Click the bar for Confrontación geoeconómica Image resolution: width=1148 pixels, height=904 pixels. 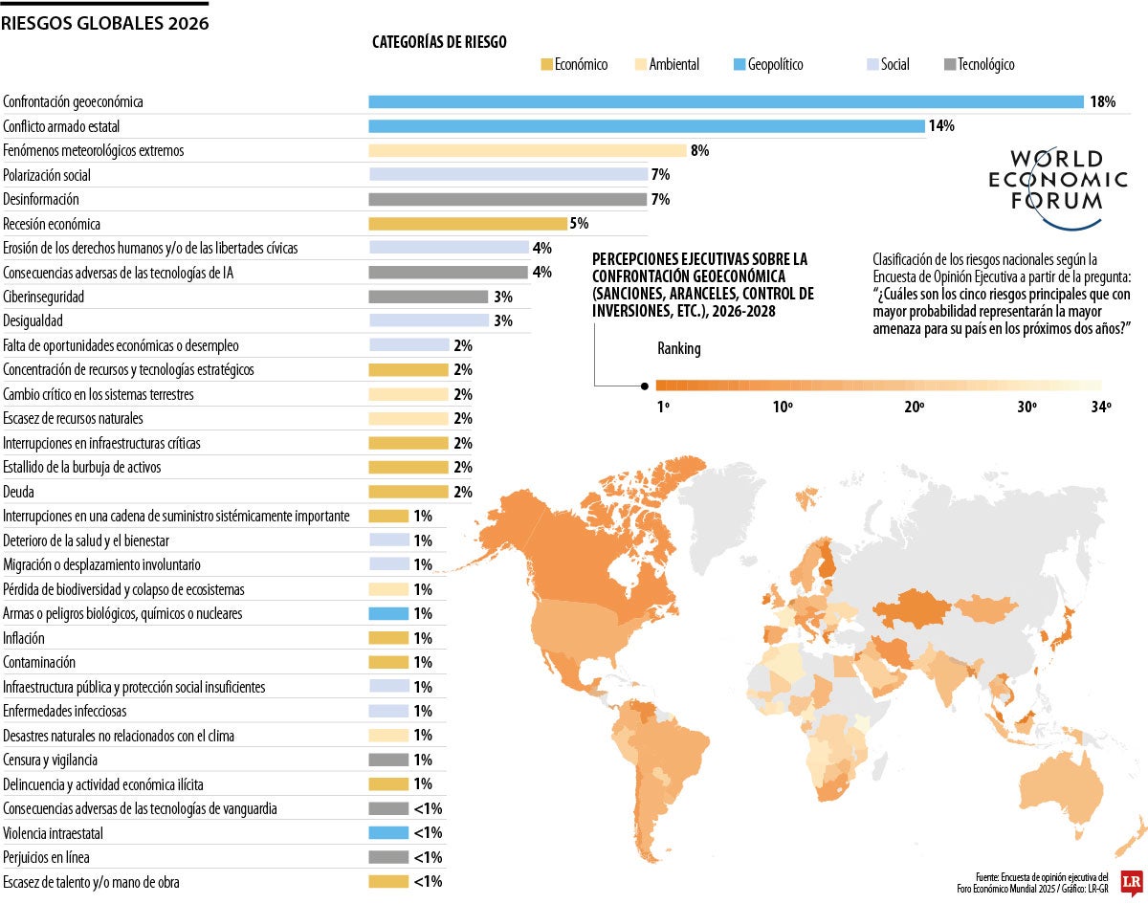point(725,101)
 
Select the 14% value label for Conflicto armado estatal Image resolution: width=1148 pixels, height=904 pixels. point(941,126)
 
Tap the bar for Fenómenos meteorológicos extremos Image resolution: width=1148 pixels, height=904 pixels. point(527,150)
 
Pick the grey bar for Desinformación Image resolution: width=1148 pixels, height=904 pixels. point(507,199)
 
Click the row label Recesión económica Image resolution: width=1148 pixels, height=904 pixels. point(52,224)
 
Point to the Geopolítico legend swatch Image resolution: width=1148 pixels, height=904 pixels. point(739,65)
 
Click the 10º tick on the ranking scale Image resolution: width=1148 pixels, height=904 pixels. point(783,407)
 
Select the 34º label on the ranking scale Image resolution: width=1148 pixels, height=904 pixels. point(1100,407)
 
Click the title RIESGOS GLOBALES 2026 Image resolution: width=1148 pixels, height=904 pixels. point(104,23)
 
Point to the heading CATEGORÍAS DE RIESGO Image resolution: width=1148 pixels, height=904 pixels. point(439,42)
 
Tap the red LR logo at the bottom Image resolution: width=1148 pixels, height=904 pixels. point(1131,881)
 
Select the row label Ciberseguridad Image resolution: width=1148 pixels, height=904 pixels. point(43,297)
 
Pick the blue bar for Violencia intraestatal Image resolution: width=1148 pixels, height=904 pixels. point(388,833)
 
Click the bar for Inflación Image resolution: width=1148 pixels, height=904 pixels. point(388,638)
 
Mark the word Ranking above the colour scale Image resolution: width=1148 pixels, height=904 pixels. point(678,349)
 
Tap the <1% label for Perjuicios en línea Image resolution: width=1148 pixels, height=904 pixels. point(428,857)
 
